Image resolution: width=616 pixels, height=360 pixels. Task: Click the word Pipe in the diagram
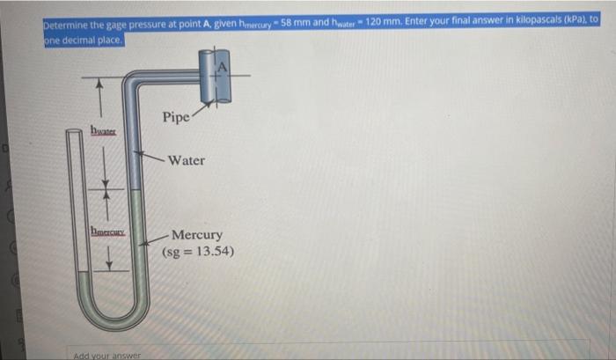tap(175, 116)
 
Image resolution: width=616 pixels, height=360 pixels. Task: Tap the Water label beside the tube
tap(186, 160)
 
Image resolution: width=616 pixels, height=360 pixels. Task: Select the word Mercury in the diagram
tap(197, 235)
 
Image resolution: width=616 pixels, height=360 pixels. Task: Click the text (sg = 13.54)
tap(198, 252)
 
